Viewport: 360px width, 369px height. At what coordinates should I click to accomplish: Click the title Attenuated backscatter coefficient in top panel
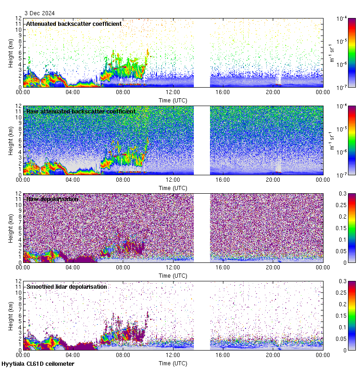point(74,24)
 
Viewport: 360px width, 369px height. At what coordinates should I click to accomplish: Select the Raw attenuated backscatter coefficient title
point(81,111)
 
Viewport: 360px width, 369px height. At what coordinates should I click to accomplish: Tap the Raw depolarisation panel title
point(52,199)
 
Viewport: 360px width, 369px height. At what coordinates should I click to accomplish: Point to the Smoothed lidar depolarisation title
point(66,286)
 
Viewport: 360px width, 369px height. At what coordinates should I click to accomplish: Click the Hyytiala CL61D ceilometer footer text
point(38,364)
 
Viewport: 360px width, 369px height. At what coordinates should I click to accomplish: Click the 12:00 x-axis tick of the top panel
point(173,92)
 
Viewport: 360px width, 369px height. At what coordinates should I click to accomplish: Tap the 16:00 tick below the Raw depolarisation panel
point(222,267)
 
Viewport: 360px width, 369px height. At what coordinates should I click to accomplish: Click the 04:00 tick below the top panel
point(73,92)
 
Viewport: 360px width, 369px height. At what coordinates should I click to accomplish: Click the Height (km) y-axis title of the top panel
point(11,53)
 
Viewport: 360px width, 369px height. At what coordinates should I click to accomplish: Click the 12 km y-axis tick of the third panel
point(18,194)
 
